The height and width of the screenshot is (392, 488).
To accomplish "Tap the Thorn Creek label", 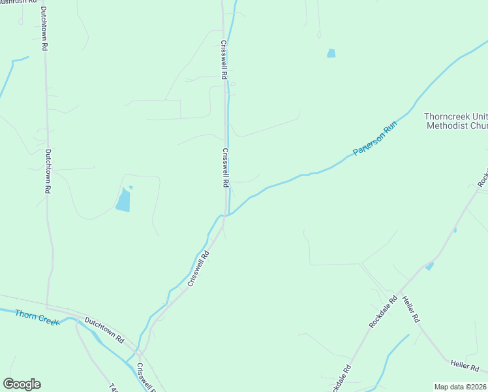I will point(37,317).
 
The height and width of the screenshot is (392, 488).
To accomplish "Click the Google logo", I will point(22,384).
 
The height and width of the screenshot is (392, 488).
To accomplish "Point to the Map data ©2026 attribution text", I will point(460,387).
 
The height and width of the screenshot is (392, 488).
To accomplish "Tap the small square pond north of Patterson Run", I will point(331,54).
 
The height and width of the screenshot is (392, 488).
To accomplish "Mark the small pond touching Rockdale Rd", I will point(429,266).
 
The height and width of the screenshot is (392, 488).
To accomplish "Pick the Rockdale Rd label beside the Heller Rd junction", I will point(383,312).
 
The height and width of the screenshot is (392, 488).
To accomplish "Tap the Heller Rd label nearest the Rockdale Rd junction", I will point(411,309).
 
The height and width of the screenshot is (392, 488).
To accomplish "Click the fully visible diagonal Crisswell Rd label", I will point(198,269).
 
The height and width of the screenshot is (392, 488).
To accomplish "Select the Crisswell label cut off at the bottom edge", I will point(146,379).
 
